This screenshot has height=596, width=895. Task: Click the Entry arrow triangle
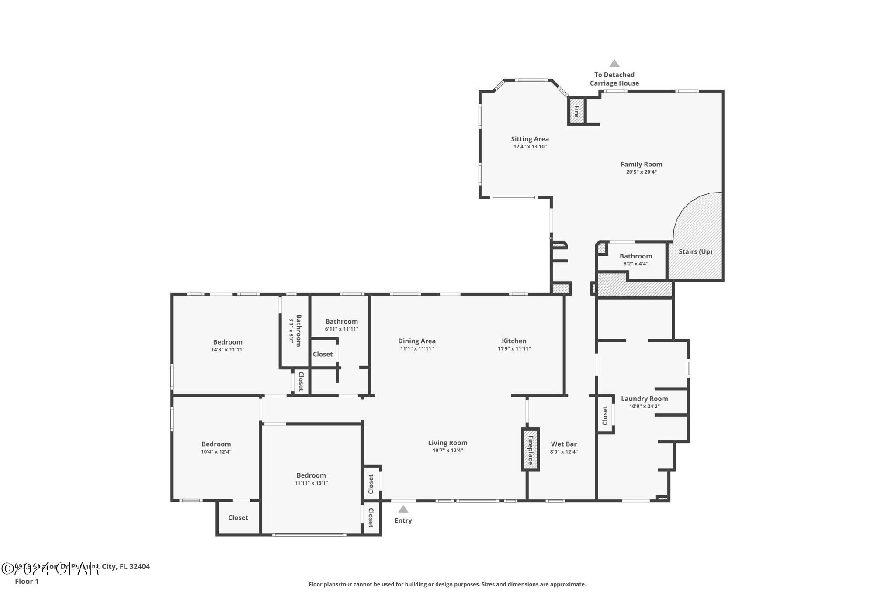point(403,509)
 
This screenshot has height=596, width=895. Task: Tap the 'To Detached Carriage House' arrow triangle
point(614,64)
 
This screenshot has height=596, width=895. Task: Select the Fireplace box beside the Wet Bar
point(530,449)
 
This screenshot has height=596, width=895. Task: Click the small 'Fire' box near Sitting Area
point(576,111)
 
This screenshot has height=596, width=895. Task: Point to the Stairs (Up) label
point(695,251)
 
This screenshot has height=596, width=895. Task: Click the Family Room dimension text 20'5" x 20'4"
point(641,172)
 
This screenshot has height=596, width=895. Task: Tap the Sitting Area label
point(530,139)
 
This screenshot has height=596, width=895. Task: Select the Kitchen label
point(514,341)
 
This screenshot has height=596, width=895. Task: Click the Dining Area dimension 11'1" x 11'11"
point(416,348)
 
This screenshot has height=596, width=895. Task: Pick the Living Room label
point(447,443)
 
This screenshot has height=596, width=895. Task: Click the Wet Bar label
point(564,444)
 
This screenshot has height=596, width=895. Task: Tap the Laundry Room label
point(644,399)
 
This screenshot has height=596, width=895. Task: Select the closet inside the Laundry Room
point(605,415)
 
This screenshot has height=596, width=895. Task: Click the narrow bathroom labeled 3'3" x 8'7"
point(295,331)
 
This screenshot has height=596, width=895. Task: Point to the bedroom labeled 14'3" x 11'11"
point(227,345)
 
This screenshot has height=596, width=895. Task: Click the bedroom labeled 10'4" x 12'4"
point(216,448)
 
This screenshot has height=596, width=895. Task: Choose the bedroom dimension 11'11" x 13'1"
point(311,483)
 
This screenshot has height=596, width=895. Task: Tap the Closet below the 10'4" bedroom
point(238,517)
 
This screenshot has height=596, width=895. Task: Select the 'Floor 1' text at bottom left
point(27,581)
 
